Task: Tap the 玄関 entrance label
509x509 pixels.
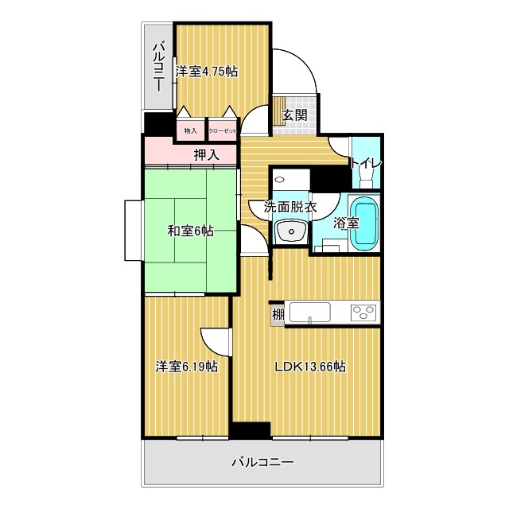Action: [x=294, y=115]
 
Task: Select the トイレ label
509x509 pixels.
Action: [x=367, y=163]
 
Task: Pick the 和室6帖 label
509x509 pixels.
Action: [x=190, y=231]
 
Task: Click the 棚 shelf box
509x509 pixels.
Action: [x=278, y=314]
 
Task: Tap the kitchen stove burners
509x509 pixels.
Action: [x=363, y=313]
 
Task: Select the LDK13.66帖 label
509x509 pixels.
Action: [x=310, y=367]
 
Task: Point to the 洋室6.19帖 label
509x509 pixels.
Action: [x=187, y=367]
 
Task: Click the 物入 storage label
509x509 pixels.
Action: [x=191, y=130]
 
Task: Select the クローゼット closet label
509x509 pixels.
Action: [x=222, y=130]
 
